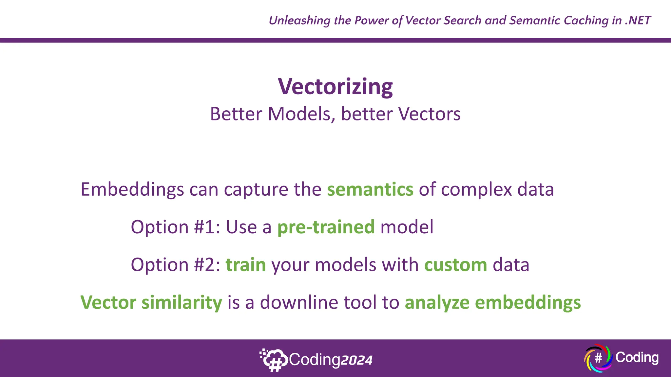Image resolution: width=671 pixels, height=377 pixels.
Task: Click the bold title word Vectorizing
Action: (335, 87)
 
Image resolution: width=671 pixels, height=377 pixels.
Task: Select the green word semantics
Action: (370, 189)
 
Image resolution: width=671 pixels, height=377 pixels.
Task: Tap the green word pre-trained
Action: (326, 227)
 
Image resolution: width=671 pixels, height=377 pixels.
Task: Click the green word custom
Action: (455, 265)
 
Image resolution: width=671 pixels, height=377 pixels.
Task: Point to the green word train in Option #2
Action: (246, 265)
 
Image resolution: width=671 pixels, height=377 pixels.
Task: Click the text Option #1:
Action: (175, 227)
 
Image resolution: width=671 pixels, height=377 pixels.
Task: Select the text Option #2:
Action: (175, 265)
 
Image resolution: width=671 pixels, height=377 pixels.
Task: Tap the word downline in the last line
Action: (299, 302)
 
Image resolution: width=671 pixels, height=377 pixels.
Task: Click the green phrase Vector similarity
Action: (151, 302)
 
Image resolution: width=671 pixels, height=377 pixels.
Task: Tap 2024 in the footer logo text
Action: (356, 360)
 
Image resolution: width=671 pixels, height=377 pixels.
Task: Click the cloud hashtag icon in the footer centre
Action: (274, 360)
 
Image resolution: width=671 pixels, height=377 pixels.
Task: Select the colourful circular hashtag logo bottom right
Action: (598, 358)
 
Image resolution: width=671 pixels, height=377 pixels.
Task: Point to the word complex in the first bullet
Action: (476, 190)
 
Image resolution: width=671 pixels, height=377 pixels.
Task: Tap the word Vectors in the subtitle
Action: (430, 114)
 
